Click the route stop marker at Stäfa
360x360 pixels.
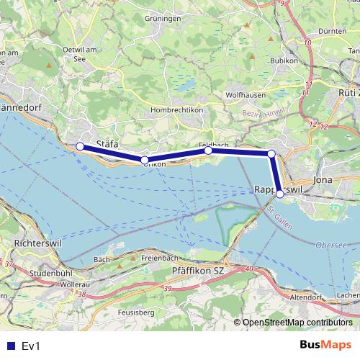80,147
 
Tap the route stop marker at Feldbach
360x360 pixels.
208,150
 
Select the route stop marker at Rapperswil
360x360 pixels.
280,194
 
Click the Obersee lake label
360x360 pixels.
330,246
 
